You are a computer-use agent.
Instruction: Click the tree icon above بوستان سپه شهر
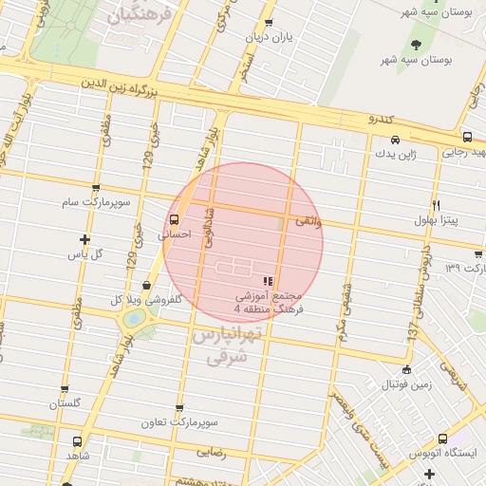pyautogui.click(x=417, y=44)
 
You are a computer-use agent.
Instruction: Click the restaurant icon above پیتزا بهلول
pyautogui.click(x=436, y=205)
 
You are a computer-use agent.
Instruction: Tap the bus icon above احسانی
pyautogui.click(x=173, y=219)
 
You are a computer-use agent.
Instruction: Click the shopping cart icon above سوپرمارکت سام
pyautogui.click(x=95, y=188)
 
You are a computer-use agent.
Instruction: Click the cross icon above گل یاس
pyautogui.click(x=85, y=239)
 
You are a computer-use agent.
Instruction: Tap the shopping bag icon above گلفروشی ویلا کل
pyautogui.click(x=145, y=285)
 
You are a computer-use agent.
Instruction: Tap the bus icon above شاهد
pyautogui.click(x=77, y=441)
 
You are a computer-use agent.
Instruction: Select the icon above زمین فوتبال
pyautogui.click(x=407, y=370)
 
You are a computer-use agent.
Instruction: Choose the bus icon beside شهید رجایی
pyautogui.click(x=468, y=138)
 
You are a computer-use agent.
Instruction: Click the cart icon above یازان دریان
pyautogui.click(x=269, y=23)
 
